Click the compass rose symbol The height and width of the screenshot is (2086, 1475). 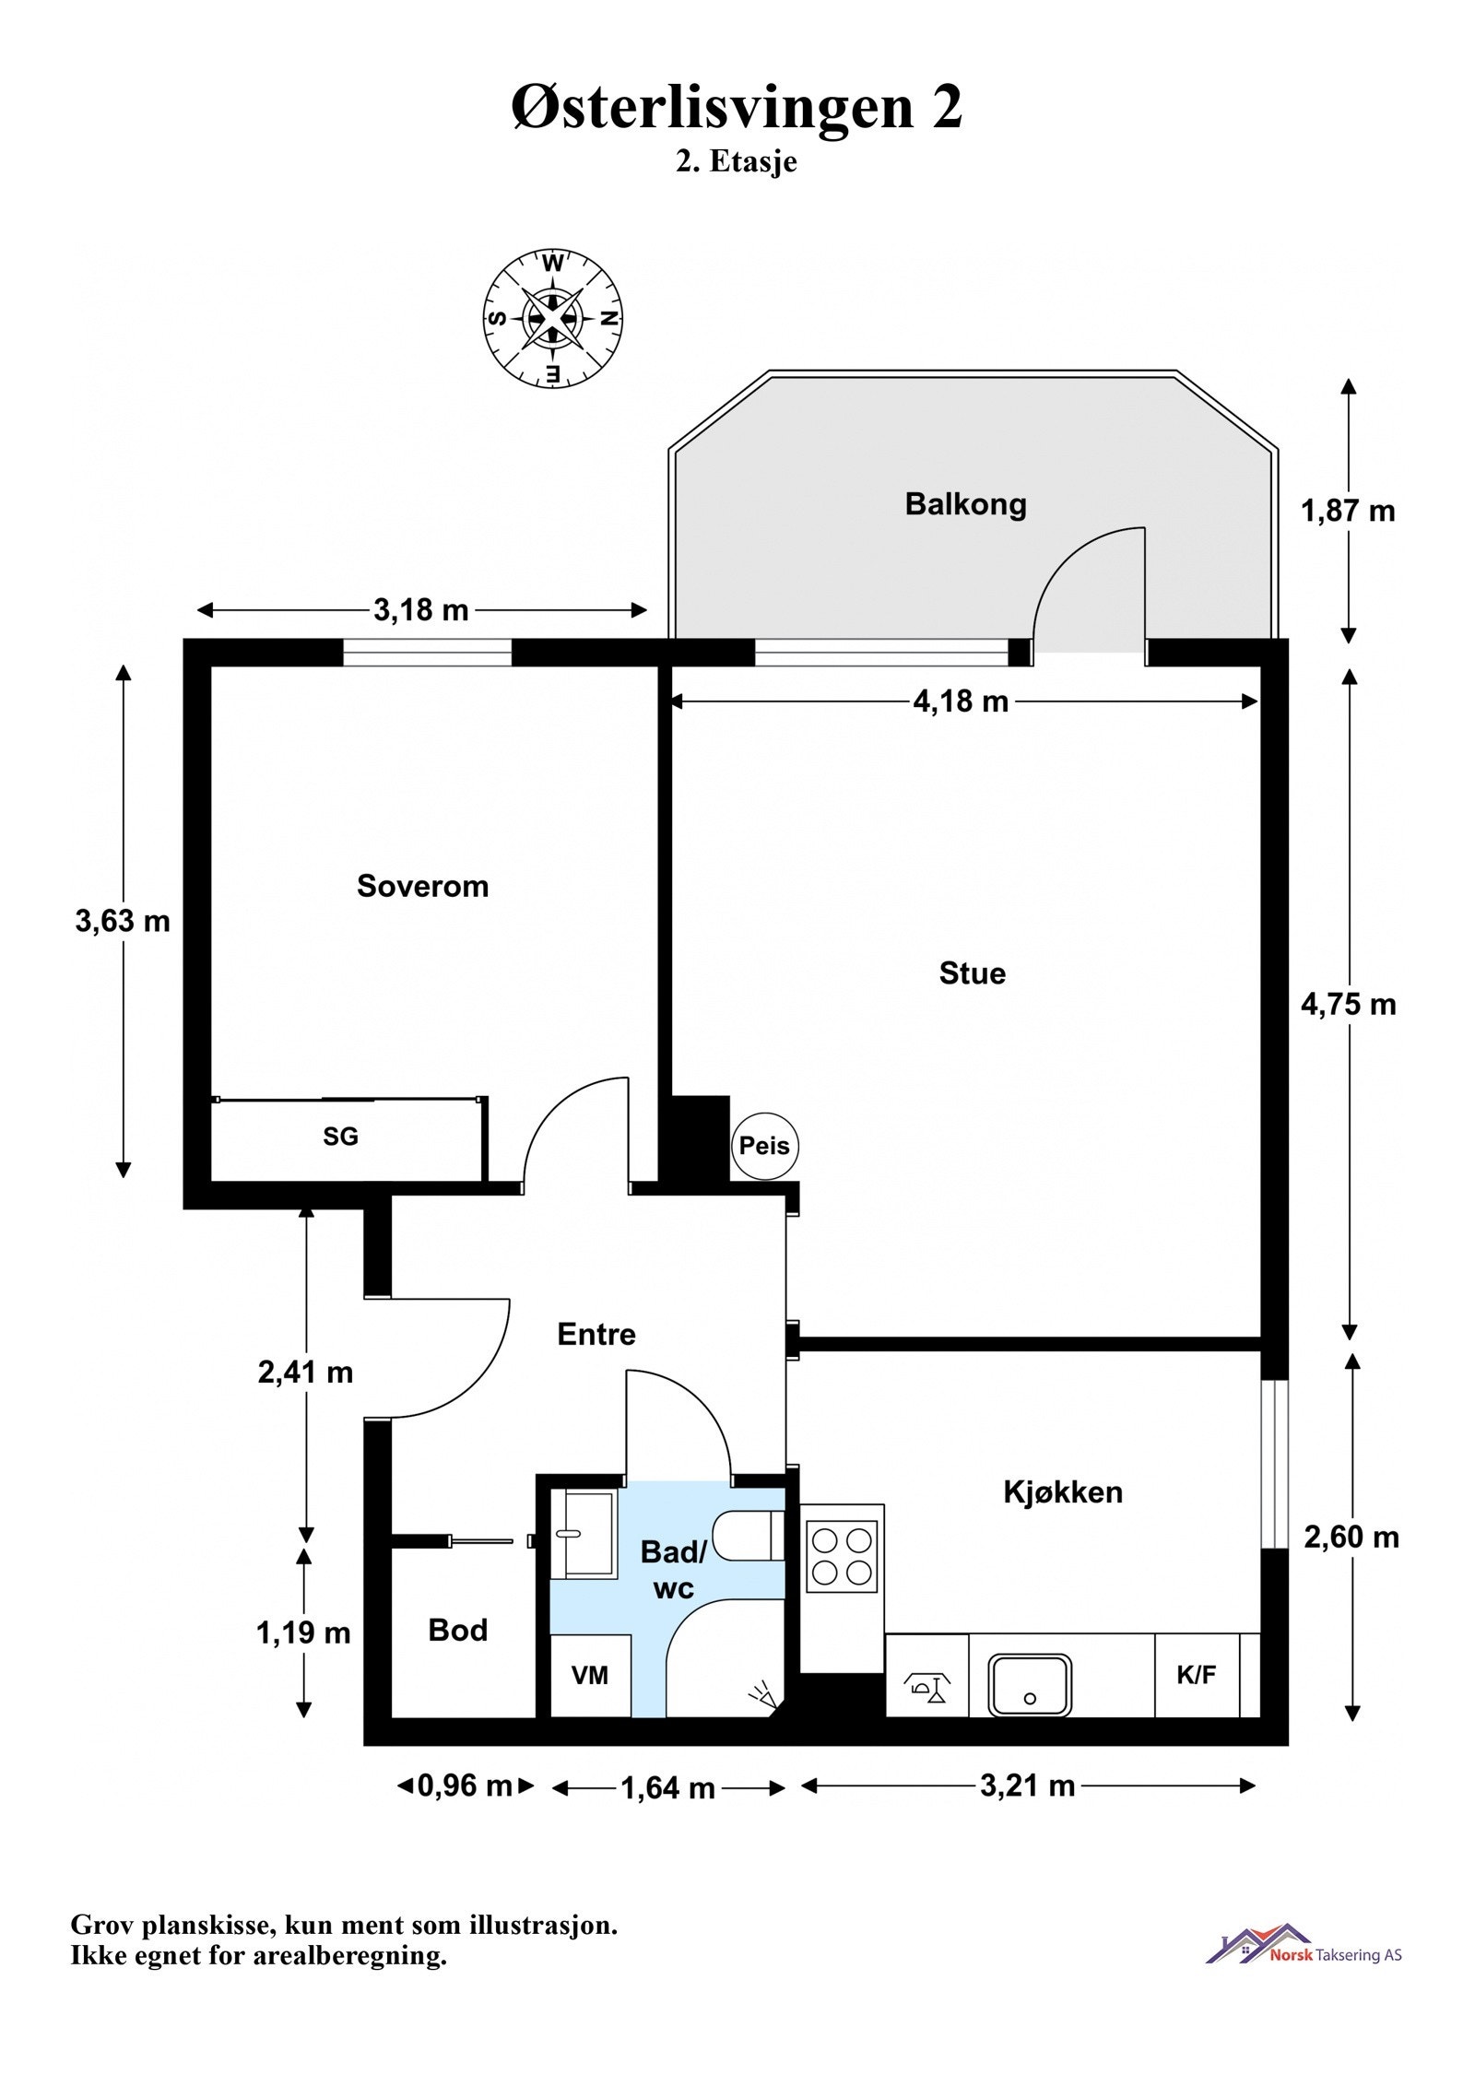[552, 317]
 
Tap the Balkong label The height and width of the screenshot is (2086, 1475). [964, 504]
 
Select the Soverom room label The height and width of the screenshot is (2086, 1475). [422, 886]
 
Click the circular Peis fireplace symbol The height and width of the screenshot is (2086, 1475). [764, 1146]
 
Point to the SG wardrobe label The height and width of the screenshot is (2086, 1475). [340, 1137]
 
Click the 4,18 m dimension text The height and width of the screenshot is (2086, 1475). [960, 701]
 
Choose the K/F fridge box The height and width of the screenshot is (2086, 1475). [1196, 1675]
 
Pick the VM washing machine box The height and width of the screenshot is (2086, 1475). [590, 1675]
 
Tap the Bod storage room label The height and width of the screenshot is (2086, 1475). [457, 1630]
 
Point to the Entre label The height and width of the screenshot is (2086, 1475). [596, 1334]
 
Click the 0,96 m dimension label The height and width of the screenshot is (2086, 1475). [465, 1785]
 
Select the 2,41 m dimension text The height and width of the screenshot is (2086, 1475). [305, 1373]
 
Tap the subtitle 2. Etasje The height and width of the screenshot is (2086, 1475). [736, 162]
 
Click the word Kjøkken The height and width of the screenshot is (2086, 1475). [1062, 1491]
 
